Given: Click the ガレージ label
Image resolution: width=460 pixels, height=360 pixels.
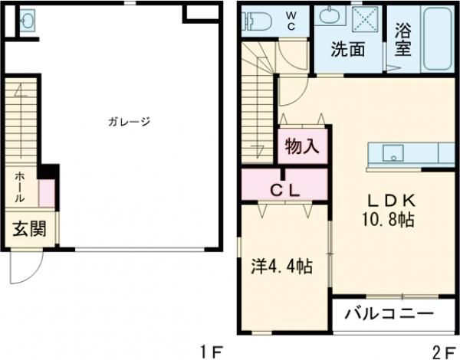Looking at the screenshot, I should click(x=128, y=121).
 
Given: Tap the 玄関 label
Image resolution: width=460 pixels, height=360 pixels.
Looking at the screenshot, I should click(x=28, y=230).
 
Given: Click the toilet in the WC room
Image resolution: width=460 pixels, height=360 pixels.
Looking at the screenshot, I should click(x=254, y=20).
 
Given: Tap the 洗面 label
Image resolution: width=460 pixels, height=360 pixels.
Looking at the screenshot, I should click(x=347, y=51).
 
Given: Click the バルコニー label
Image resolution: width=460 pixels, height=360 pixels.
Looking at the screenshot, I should click(x=388, y=313).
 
